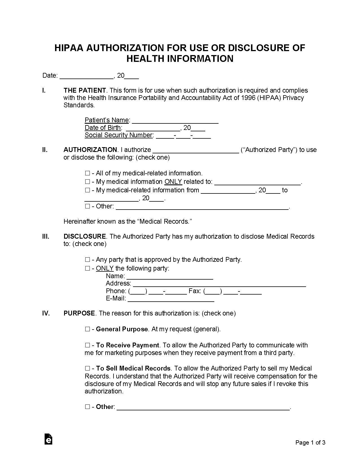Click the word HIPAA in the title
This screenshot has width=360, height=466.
(x=69, y=48)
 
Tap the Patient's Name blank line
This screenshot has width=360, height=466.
(x=175, y=121)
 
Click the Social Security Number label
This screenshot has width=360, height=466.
(x=119, y=135)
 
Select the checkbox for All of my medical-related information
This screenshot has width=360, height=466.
(x=87, y=173)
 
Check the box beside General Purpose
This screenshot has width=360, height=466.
(x=87, y=329)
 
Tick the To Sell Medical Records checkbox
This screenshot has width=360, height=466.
(x=87, y=368)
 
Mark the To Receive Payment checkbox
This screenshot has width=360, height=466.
(x=87, y=345)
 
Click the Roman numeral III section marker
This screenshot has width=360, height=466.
(x=46, y=236)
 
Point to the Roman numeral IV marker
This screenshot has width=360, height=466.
(x=46, y=313)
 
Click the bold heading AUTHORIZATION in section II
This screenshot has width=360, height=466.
(x=90, y=150)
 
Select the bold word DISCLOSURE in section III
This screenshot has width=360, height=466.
(x=85, y=236)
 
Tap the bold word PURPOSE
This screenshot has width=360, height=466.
(x=79, y=313)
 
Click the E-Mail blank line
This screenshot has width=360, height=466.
(x=171, y=299)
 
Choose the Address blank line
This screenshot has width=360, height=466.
(x=219, y=284)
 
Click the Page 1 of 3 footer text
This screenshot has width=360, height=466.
(x=310, y=443)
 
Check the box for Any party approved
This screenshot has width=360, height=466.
(x=87, y=260)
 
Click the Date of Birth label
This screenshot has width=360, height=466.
(x=103, y=128)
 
